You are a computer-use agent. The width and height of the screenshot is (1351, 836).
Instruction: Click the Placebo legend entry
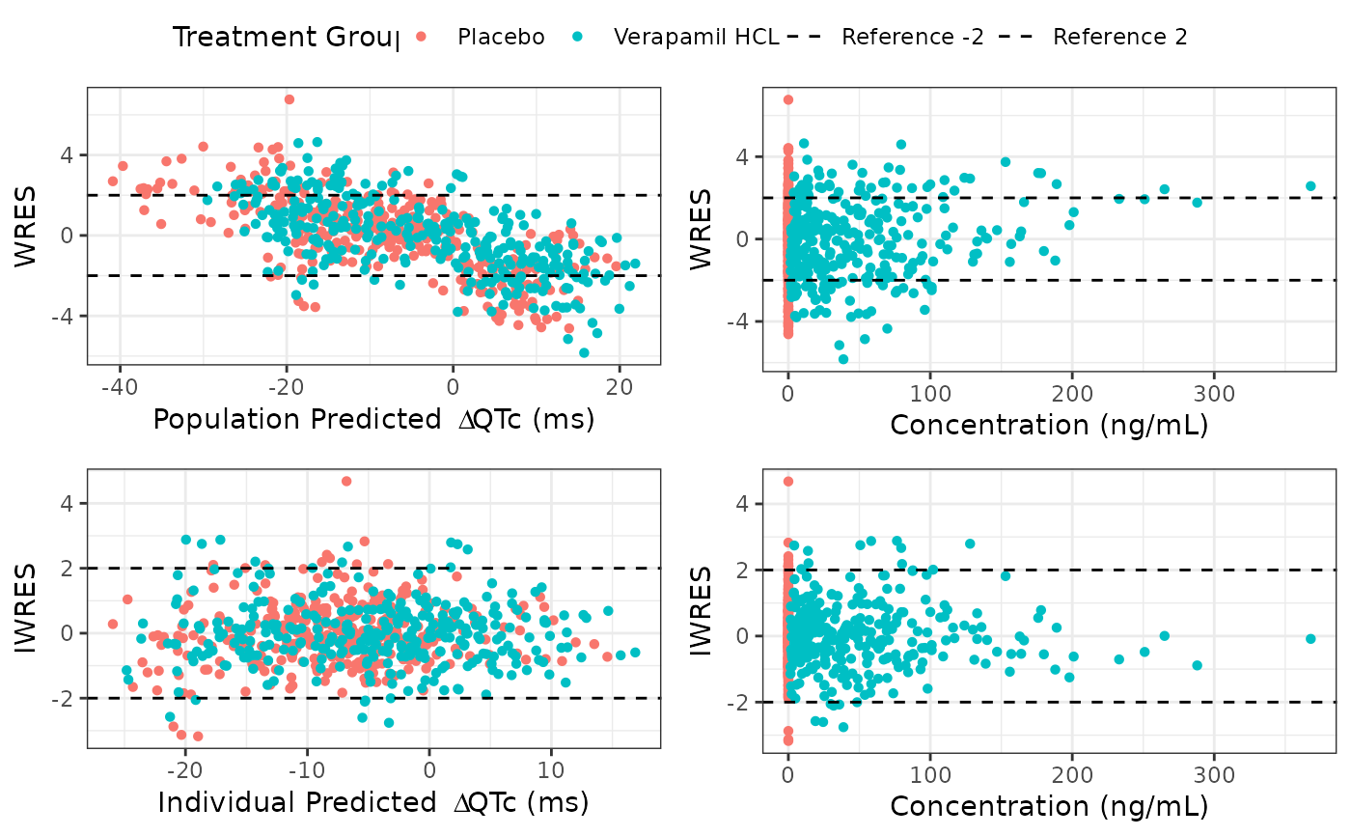click(x=501, y=38)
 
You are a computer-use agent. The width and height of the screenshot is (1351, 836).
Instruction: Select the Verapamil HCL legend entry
click(x=696, y=38)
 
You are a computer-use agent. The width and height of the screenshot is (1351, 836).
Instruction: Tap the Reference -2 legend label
click(x=913, y=38)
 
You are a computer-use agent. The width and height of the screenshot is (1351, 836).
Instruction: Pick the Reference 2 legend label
click(x=1119, y=38)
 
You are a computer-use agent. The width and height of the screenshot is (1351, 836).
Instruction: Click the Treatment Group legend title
click(x=285, y=38)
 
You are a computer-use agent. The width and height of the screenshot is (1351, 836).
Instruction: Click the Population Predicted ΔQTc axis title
click(x=373, y=421)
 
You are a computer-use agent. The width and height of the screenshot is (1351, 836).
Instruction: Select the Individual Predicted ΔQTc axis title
click(x=372, y=802)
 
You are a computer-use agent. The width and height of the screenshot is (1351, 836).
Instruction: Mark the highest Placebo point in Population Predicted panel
click(x=289, y=99)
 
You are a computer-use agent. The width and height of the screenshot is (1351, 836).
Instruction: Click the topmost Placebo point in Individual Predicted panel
click(x=346, y=481)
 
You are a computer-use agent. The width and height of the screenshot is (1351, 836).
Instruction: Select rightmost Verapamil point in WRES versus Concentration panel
click(x=1310, y=186)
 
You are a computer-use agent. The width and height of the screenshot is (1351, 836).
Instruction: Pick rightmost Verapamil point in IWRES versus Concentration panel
click(x=1310, y=638)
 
